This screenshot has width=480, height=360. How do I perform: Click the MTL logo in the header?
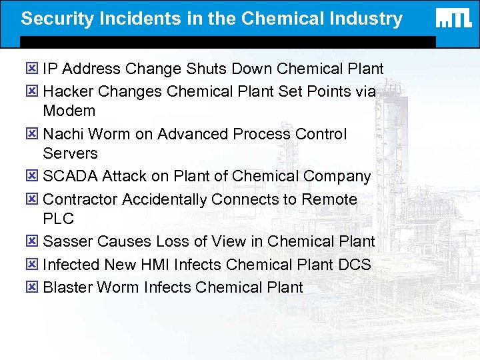click(x=454, y=19)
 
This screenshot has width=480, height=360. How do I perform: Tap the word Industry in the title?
click(x=369, y=19)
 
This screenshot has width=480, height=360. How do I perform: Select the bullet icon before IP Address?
click(x=33, y=69)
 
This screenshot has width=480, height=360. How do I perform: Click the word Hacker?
click(x=67, y=91)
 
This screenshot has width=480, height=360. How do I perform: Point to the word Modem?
click(x=69, y=111)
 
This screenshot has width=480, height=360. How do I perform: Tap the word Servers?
click(x=70, y=153)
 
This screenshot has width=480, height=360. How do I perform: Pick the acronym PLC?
click(x=58, y=219)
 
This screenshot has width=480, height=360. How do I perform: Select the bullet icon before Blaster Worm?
click(x=33, y=287)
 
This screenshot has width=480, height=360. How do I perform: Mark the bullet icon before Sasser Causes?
click(x=33, y=241)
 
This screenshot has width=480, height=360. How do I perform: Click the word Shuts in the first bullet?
click(x=202, y=69)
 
